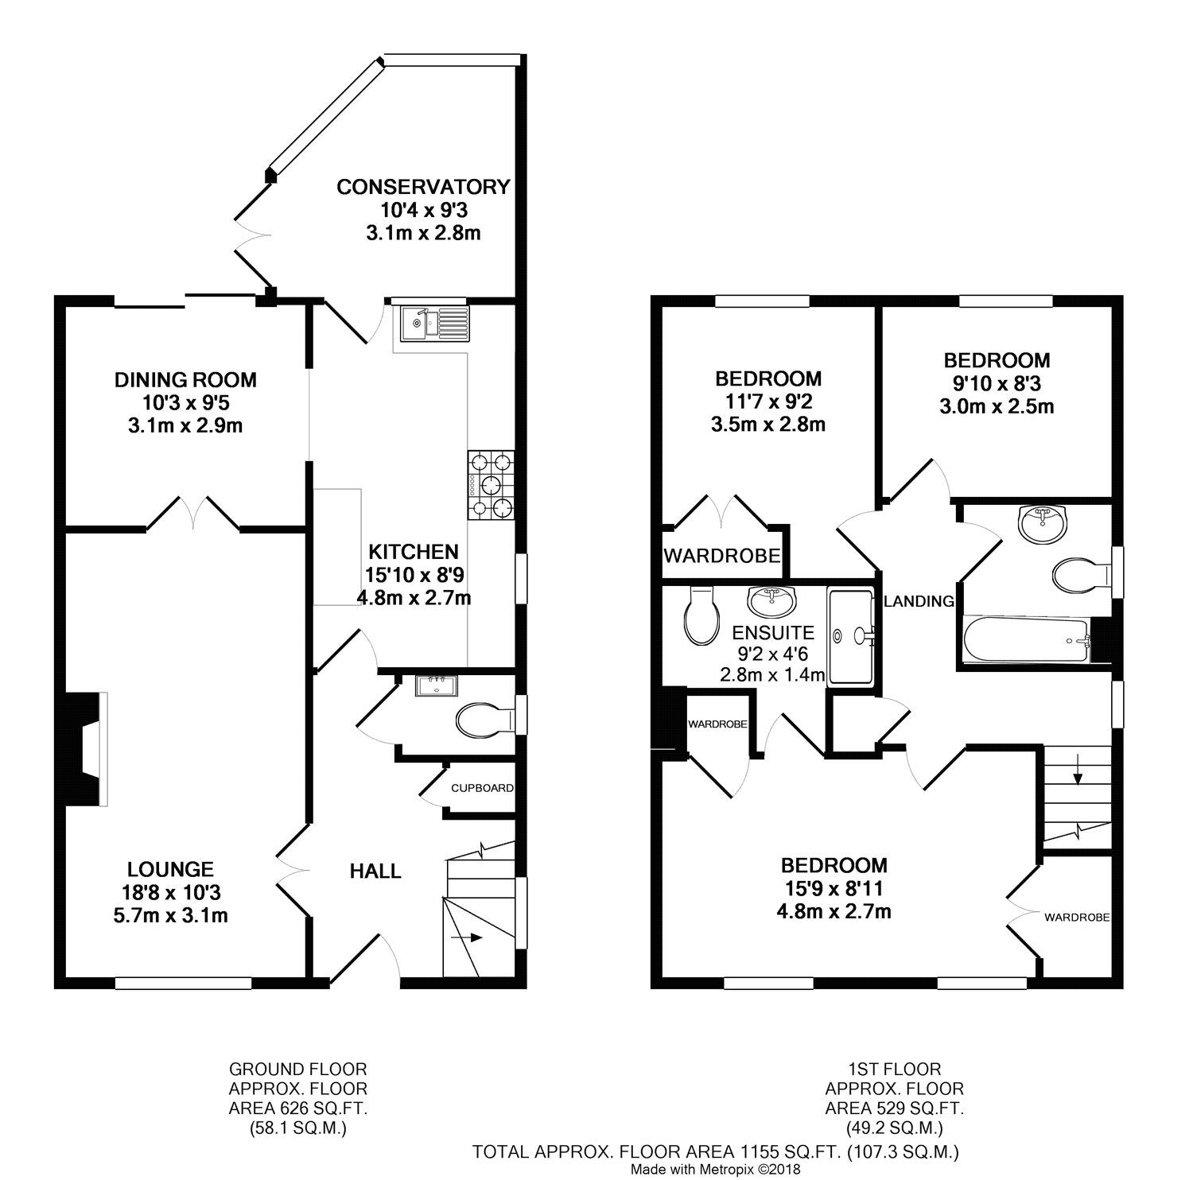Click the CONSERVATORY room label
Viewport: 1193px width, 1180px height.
click(422, 187)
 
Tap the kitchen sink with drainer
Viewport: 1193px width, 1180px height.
click(433, 323)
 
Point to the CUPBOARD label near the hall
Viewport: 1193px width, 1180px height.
click(482, 788)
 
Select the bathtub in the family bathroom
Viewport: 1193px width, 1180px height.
click(1024, 639)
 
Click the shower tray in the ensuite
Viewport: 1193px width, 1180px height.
click(853, 635)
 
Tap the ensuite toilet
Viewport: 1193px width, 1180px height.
click(701, 615)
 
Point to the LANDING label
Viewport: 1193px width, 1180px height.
click(919, 601)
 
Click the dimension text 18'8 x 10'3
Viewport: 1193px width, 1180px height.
click(171, 892)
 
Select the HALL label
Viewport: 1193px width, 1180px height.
click(375, 871)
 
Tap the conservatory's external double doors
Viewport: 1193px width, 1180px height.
click(253, 235)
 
